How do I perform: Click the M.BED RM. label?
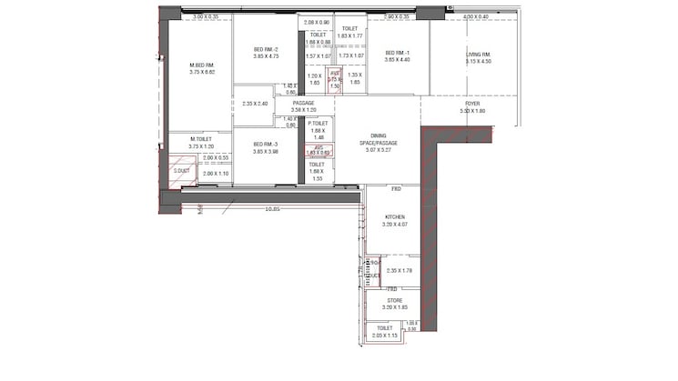pyautogui.click(x=201, y=65)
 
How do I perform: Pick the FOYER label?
pyautogui.click(x=472, y=105)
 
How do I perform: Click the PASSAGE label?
pyautogui.click(x=303, y=104)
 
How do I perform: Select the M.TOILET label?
pyautogui.click(x=200, y=139)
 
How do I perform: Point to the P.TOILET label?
pyautogui.click(x=318, y=123)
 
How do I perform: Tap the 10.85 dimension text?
pyautogui.click(x=272, y=209)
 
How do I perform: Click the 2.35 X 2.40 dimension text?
pyautogui.click(x=255, y=104)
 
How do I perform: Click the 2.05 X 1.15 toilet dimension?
pyautogui.click(x=384, y=336)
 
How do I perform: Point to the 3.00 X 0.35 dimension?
pyautogui.click(x=206, y=16)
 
